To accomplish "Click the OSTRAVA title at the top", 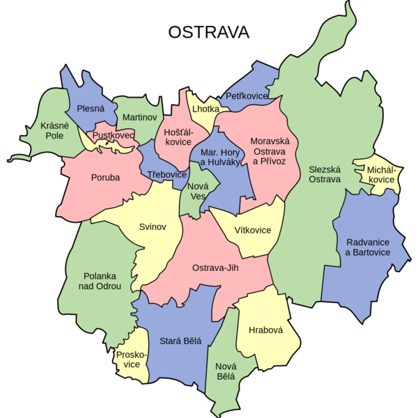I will coord(209,33).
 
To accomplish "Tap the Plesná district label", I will coord(91,109).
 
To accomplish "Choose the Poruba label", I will coord(105,178).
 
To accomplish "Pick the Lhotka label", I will coord(206,109).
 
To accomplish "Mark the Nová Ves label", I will coord(199,192).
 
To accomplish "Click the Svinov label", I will coord(153,227).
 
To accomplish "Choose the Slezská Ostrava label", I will coord(325,173).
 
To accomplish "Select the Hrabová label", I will coord(265,330).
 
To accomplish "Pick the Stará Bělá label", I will coord(180,341).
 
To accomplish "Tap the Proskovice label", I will coord(128,359).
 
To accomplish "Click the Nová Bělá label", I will coord(225,371).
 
